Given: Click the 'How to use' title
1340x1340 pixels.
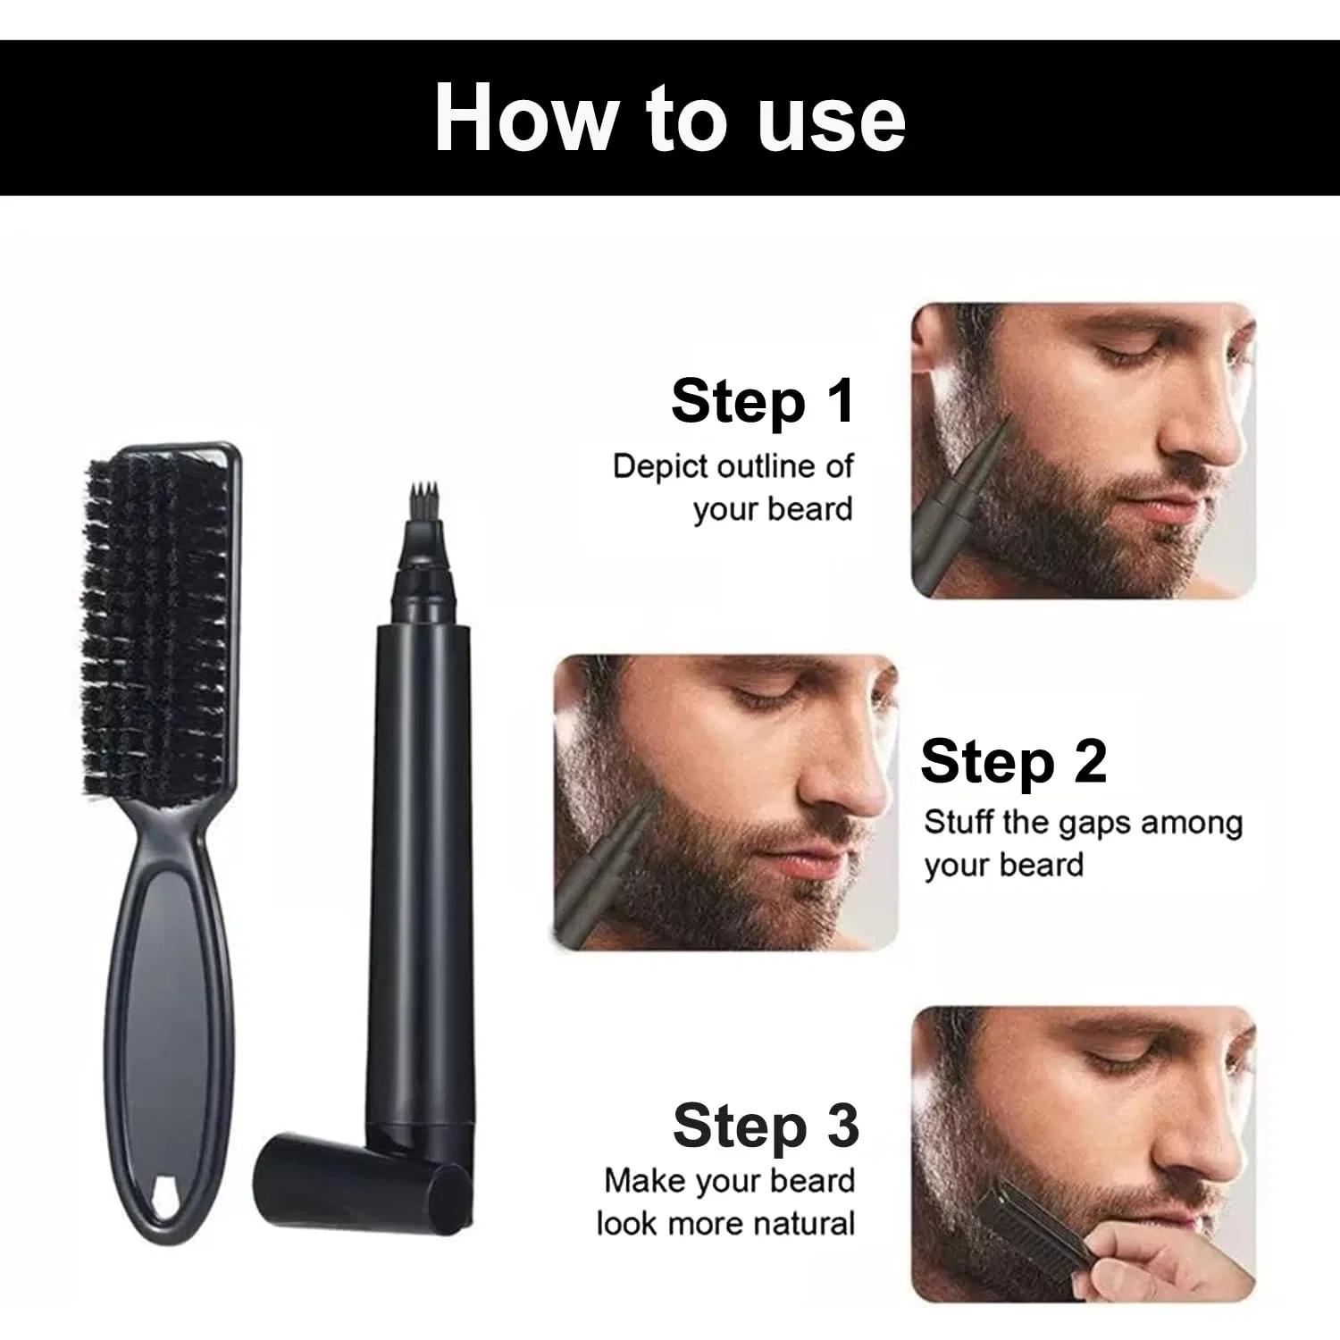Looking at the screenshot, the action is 670,118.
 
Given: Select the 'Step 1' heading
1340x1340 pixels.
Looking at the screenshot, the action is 763,401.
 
